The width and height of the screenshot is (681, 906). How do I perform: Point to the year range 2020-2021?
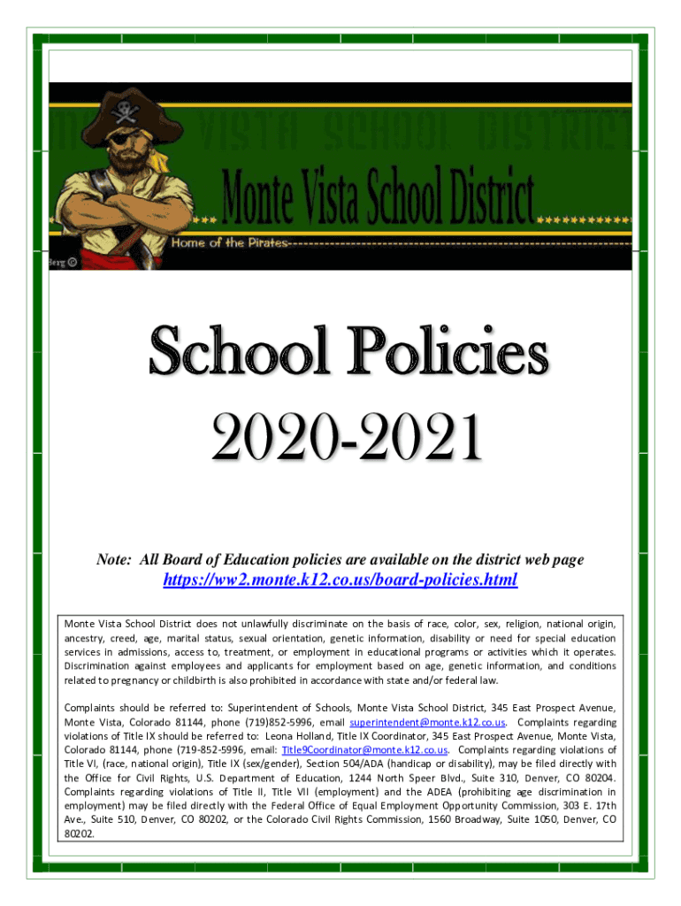pyautogui.click(x=346, y=439)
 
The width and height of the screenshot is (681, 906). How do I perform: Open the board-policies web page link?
pyautogui.click(x=340, y=580)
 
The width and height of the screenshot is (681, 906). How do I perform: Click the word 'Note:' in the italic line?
pyautogui.click(x=114, y=560)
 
